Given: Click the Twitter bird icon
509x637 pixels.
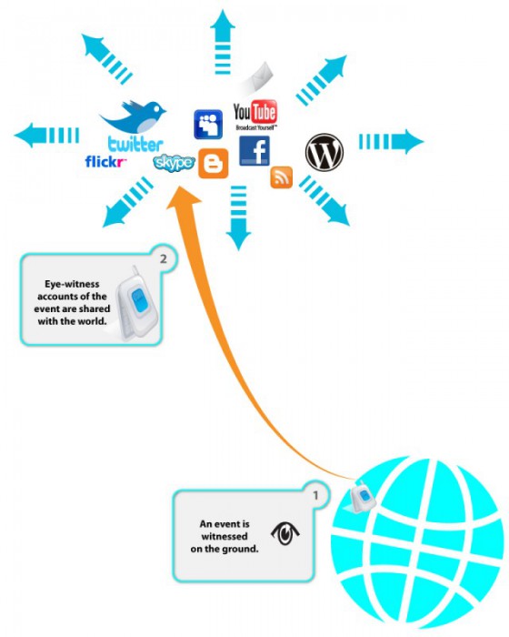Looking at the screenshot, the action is (x=133, y=116).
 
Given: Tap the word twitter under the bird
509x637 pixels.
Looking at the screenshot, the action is (x=135, y=144).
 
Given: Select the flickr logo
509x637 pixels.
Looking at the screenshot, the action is (x=105, y=162).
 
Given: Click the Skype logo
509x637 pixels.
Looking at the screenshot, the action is (x=174, y=163).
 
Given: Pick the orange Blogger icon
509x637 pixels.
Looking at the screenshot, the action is (x=213, y=163).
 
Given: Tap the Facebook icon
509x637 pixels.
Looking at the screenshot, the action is (x=254, y=151).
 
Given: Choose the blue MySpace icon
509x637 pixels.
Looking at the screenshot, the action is (x=208, y=125).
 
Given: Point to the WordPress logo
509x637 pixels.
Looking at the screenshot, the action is (x=324, y=152).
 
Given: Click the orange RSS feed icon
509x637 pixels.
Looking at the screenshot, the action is (x=281, y=177).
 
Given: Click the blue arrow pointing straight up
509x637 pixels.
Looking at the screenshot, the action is (x=223, y=42).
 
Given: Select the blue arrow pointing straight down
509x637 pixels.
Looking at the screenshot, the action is (x=238, y=217).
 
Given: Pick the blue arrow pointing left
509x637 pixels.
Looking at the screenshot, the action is (x=46, y=136).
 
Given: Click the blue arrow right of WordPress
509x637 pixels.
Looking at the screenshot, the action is (x=391, y=142).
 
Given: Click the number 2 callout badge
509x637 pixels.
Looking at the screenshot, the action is (x=164, y=258).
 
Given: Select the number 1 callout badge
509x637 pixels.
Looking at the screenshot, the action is (x=315, y=495).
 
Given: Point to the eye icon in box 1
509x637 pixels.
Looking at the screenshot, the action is (x=284, y=532).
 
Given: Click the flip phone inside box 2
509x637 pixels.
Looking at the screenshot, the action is (x=136, y=302).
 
